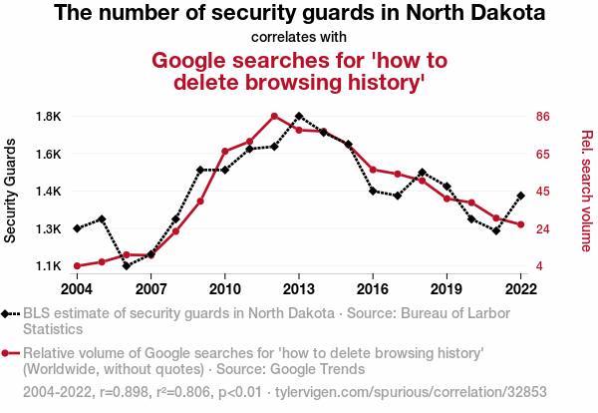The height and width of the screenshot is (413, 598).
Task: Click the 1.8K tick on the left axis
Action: (49, 116)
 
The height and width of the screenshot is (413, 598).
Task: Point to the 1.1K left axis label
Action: (49, 266)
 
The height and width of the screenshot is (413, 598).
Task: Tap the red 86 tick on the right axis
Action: (543, 116)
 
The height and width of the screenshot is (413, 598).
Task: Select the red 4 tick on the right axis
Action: (539, 266)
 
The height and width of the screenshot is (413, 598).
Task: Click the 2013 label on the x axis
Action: (299, 288)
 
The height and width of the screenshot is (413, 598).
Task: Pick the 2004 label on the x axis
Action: (77, 288)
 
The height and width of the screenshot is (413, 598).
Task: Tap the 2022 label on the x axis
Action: (520, 288)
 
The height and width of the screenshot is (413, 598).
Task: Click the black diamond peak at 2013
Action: (299, 116)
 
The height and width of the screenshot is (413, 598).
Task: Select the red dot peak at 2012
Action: (274, 116)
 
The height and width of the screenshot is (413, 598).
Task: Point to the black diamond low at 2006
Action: (127, 266)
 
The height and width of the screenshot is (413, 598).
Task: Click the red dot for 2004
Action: (77, 266)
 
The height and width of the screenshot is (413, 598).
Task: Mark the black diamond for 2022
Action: (520, 196)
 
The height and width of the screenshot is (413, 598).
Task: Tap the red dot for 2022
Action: (520, 224)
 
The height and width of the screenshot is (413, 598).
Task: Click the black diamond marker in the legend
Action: (9, 313)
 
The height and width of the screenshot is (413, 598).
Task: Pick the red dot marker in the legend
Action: (9, 353)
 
